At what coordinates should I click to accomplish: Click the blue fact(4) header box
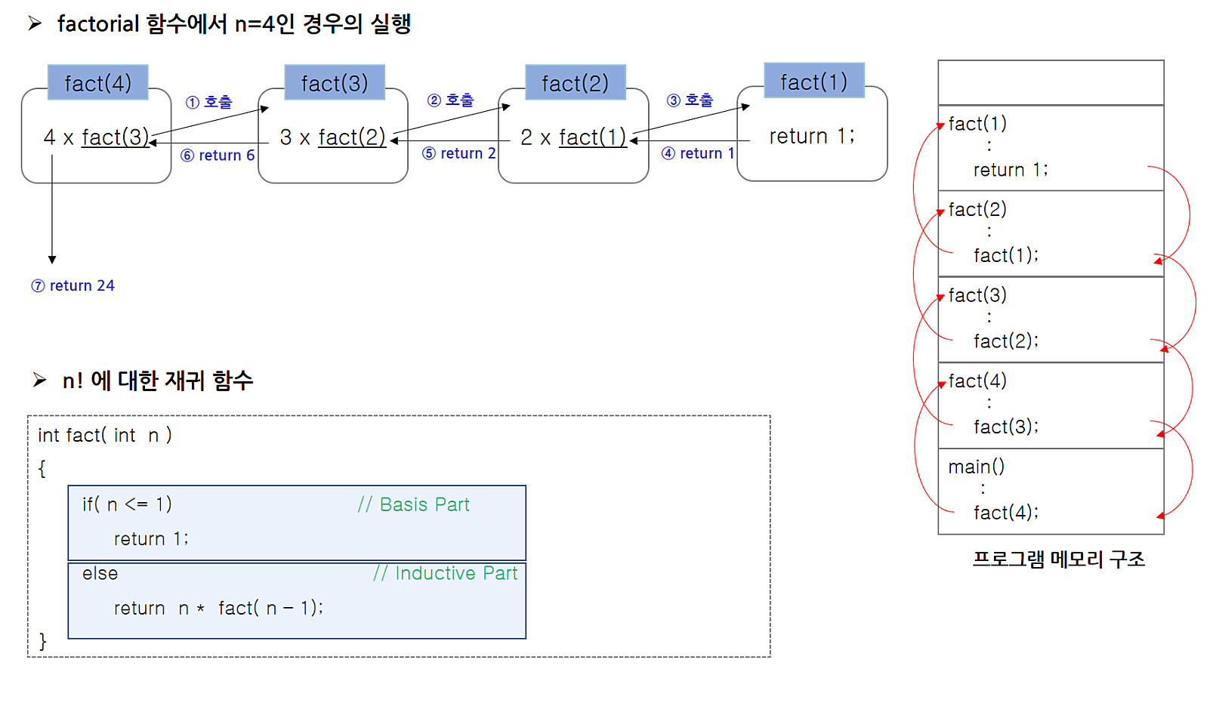(x=97, y=82)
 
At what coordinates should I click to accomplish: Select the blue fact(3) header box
(x=335, y=82)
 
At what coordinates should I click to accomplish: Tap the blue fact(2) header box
(x=575, y=82)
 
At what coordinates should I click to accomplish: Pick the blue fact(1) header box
(x=813, y=81)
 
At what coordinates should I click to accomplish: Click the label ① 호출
(x=209, y=102)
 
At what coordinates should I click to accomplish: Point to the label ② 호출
(x=451, y=100)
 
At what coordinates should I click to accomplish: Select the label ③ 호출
(x=690, y=100)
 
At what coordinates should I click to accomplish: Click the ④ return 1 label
(x=698, y=153)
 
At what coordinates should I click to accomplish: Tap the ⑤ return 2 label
(x=458, y=153)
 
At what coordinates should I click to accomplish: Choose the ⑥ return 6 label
(x=218, y=156)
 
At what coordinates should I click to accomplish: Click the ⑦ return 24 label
(x=73, y=285)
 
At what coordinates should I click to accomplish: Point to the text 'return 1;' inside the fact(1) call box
(x=812, y=136)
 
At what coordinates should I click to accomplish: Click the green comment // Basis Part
(x=414, y=504)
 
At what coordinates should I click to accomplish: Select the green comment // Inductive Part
(x=445, y=573)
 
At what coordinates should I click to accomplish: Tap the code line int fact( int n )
(x=105, y=435)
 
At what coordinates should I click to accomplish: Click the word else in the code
(x=100, y=573)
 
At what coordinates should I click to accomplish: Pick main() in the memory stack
(x=976, y=467)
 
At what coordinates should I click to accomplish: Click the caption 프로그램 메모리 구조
(x=1058, y=559)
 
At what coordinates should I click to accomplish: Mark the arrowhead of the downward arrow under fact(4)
(x=52, y=259)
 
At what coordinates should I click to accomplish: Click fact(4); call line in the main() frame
(x=1006, y=513)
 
